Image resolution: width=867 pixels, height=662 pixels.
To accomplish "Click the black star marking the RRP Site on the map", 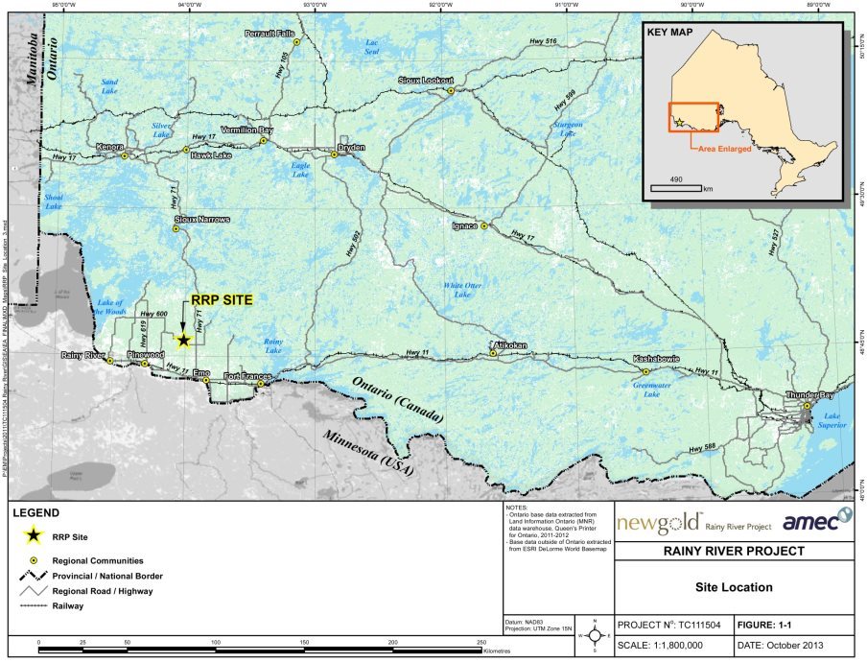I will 183,340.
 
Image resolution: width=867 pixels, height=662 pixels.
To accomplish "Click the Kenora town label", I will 112,147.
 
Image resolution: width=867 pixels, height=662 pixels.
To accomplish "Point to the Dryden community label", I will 352,147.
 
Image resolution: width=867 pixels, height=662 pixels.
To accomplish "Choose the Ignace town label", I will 464,226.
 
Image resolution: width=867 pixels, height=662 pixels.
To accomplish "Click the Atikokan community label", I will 509,344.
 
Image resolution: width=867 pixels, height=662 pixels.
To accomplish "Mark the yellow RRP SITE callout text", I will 222,300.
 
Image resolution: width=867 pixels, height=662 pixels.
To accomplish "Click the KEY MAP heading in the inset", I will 670,32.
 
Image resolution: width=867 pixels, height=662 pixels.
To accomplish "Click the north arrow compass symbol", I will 595,634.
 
